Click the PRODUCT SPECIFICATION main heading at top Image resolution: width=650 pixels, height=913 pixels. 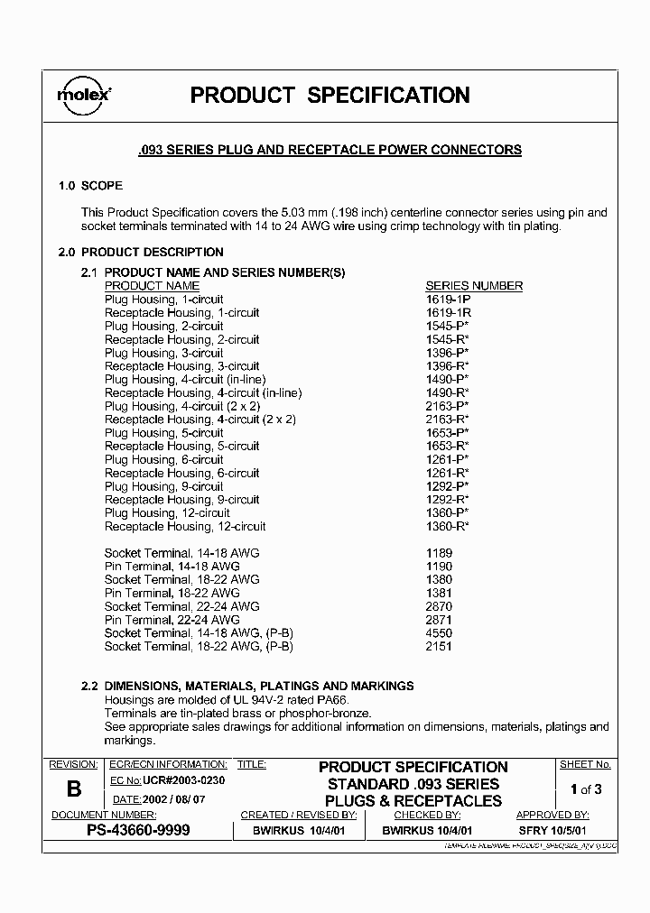pyautogui.click(x=330, y=96)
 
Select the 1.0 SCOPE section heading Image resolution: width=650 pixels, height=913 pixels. pyautogui.click(x=90, y=185)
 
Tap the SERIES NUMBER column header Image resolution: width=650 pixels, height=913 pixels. pyautogui.click(x=474, y=286)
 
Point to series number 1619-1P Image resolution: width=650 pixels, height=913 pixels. pyautogui.click(x=448, y=300)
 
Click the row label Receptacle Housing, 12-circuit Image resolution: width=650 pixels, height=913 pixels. pyautogui.click(x=185, y=526)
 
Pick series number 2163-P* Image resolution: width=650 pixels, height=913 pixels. pyautogui.click(x=447, y=406)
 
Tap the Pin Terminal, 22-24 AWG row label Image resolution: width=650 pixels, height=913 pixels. pyautogui.click(x=172, y=620)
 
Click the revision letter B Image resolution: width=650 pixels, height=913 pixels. pyautogui.click(x=74, y=788)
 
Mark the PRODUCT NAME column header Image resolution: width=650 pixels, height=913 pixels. pyautogui.click(x=152, y=286)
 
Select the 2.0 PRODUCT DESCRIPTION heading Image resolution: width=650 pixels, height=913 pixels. pyautogui.click(x=140, y=253)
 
